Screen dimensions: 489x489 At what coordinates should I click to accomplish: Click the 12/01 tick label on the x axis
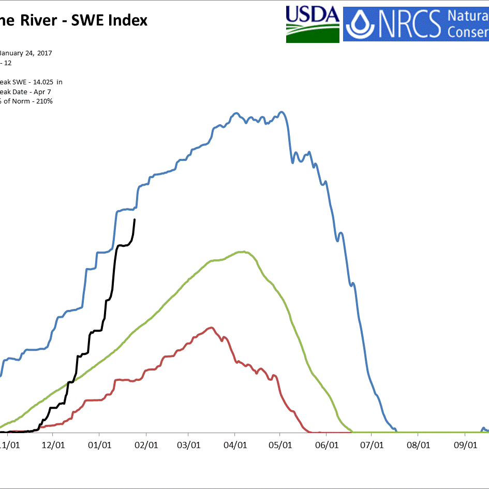click(x=53, y=444)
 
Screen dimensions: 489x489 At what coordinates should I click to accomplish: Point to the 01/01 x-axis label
click(x=99, y=444)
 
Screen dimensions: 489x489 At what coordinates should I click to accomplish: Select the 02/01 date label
click(x=146, y=444)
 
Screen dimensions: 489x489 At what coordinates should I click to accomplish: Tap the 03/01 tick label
click(x=189, y=444)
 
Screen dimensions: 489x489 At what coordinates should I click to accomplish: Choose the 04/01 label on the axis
click(x=235, y=444)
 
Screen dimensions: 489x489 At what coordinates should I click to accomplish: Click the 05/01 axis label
click(x=280, y=444)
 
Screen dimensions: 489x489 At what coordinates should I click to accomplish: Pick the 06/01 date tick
click(x=327, y=444)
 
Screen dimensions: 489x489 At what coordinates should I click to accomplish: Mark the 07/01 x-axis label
click(x=372, y=444)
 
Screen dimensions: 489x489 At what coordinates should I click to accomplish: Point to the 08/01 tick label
click(x=418, y=444)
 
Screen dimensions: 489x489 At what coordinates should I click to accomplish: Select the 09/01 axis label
click(x=465, y=444)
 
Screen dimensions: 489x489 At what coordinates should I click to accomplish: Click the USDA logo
click(x=313, y=24)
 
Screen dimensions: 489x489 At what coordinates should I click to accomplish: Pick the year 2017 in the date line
click(x=44, y=53)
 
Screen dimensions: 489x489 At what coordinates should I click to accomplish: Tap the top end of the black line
click(x=135, y=219)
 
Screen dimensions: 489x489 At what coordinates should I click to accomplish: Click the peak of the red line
click(x=210, y=328)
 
